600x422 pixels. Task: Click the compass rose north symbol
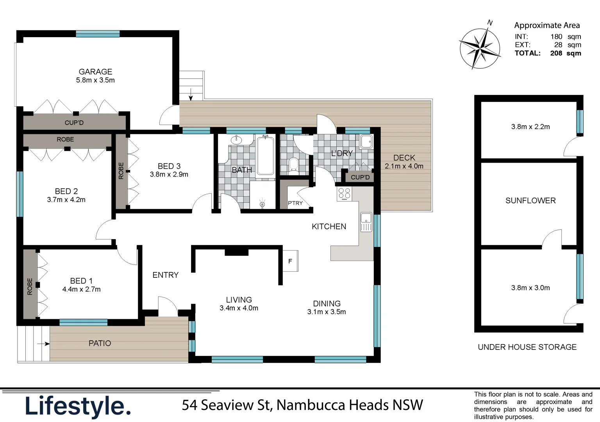[480, 48]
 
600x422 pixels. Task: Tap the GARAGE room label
[95, 72]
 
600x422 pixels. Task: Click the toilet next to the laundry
[293, 166]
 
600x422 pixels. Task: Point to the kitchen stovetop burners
[344, 193]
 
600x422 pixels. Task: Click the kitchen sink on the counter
[366, 222]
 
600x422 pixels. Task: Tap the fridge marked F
[290, 261]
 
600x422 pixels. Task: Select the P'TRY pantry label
[295, 203]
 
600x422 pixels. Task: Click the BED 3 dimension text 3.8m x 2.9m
[169, 175]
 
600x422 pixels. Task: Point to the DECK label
[404, 157]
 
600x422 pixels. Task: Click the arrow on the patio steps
[43, 344]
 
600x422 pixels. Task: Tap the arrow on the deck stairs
[191, 94]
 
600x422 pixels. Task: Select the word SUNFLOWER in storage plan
[530, 200]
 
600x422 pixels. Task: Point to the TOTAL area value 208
[556, 53]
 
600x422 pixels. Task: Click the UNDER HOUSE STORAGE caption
[527, 347]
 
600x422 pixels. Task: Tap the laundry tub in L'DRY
[366, 141]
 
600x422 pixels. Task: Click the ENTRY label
[165, 275]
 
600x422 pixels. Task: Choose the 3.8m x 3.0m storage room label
[530, 288]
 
